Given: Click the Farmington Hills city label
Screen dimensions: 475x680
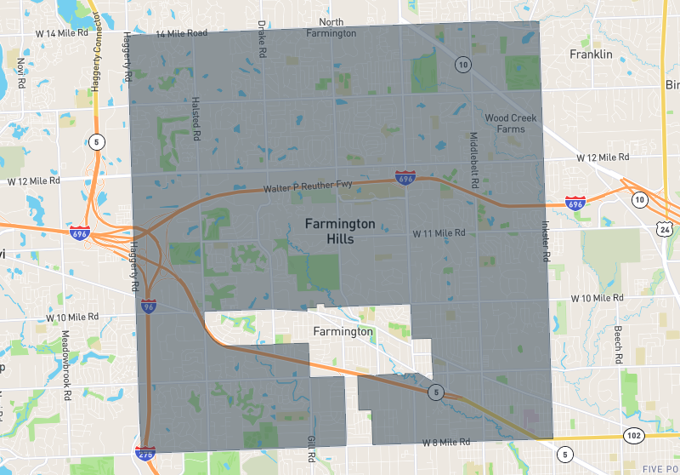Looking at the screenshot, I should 340,232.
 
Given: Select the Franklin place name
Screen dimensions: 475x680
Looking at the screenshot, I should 591,54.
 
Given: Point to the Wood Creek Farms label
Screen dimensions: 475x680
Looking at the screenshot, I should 517,123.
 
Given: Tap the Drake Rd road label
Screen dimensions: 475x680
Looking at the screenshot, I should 262,39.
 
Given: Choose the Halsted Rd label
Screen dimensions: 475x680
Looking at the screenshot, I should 195,118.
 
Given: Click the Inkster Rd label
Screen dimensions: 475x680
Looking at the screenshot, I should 545,242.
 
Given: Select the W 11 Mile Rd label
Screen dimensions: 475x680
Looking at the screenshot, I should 439,232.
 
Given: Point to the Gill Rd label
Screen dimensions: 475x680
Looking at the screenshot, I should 310,449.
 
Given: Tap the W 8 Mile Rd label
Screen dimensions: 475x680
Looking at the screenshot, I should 446,444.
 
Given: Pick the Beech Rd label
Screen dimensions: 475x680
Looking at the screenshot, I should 618,344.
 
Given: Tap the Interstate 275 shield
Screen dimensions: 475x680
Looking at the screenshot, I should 145,454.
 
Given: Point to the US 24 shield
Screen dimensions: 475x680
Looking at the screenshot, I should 664,227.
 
